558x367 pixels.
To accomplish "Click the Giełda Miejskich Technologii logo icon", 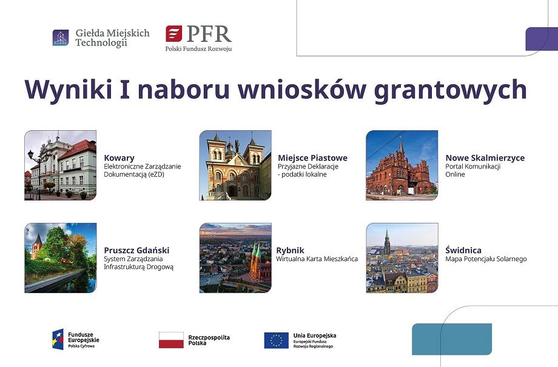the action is (61, 38).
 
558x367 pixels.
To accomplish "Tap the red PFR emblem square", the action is (173, 34).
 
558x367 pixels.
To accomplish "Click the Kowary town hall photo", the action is (61, 165).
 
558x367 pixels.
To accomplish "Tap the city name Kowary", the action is (119, 158).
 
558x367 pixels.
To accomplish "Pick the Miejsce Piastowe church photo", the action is (235, 165).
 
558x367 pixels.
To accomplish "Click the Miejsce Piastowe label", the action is (312, 157).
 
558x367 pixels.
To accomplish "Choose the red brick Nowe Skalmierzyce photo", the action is (402, 165).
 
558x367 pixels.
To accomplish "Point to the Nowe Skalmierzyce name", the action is (485, 157).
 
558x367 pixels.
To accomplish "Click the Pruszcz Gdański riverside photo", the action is (61, 258).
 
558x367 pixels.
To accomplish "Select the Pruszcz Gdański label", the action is (136, 250).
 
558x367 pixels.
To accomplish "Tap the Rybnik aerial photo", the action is (235, 258).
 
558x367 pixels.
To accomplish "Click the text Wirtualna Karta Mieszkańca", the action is (317, 259).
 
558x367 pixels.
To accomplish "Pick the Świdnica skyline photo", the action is (402, 258).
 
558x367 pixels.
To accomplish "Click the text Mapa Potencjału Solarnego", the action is (486, 259).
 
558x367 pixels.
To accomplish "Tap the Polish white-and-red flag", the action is (171, 340).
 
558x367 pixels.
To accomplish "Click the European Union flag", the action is (277, 340).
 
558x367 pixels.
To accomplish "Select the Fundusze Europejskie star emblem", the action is (58, 339).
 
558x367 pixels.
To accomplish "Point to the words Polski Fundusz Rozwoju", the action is (198, 48).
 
